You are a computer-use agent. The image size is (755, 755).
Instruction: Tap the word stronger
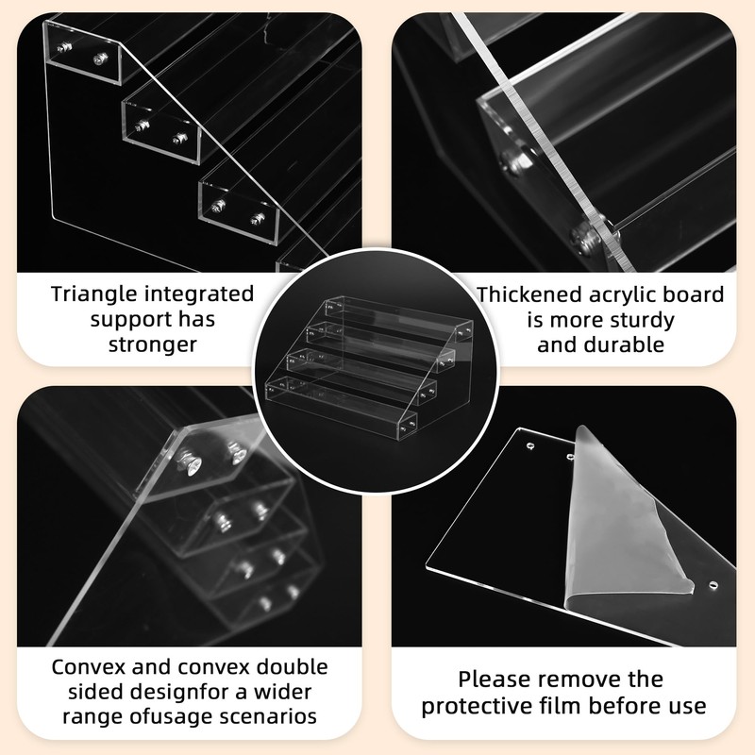[153, 344]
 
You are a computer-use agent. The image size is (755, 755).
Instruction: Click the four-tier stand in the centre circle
[368, 368]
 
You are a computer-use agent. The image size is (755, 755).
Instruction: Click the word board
[694, 294]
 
